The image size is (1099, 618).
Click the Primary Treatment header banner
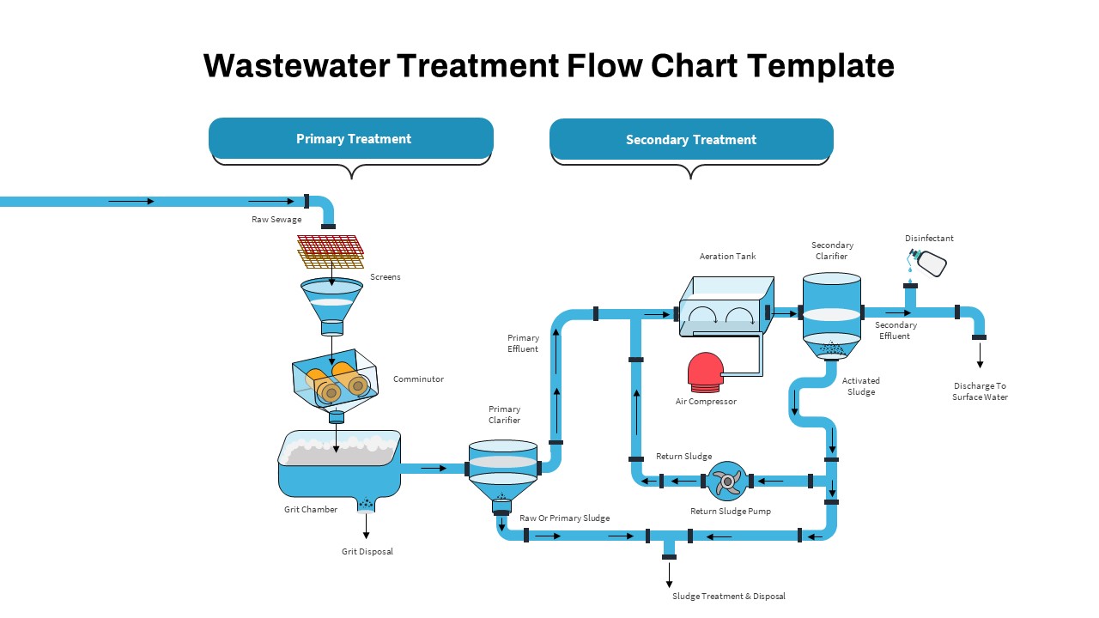[351, 138]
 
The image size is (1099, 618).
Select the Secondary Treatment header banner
[691, 139]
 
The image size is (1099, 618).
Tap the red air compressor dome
[705, 371]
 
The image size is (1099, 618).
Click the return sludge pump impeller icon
[728, 481]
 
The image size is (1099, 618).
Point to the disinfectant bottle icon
[929, 262]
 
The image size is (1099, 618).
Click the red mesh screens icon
[331, 245]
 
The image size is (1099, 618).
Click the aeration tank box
[726, 306]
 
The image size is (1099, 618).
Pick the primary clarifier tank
[502, 472]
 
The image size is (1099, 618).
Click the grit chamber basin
[339, 463]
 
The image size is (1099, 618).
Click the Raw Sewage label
[276, 220]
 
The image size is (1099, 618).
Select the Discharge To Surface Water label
[980, 391]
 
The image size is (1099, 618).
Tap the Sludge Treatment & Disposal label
[728, 596]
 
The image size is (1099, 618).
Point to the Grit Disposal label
[367, 551]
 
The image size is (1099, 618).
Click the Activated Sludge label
[860, 386]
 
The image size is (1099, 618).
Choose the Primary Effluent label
[523, 343]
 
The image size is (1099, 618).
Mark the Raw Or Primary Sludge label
[564, 518]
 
